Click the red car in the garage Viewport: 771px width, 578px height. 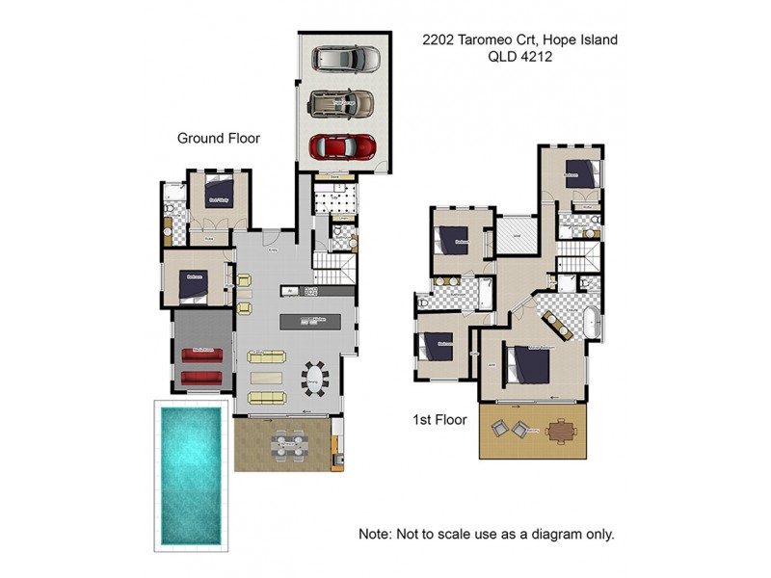pos(342,145)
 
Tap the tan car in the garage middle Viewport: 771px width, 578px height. pos(342,102)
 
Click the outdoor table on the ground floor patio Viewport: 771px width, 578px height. pos(289,445)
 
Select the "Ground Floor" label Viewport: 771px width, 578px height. pos(219,138)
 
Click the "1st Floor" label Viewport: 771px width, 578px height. pos(439,419)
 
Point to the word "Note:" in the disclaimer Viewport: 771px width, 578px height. pos(376,533)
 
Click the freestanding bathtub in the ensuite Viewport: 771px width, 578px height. pos(591,325)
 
